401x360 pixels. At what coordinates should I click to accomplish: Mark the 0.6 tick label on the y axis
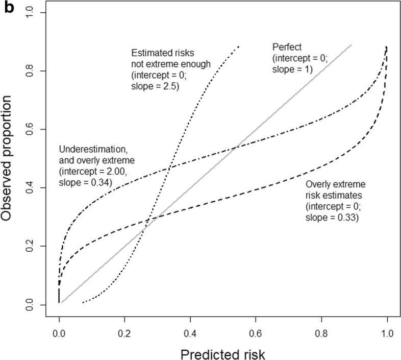[x=32, y=129]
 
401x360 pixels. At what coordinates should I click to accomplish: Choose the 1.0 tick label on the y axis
[x=32, y=13]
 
